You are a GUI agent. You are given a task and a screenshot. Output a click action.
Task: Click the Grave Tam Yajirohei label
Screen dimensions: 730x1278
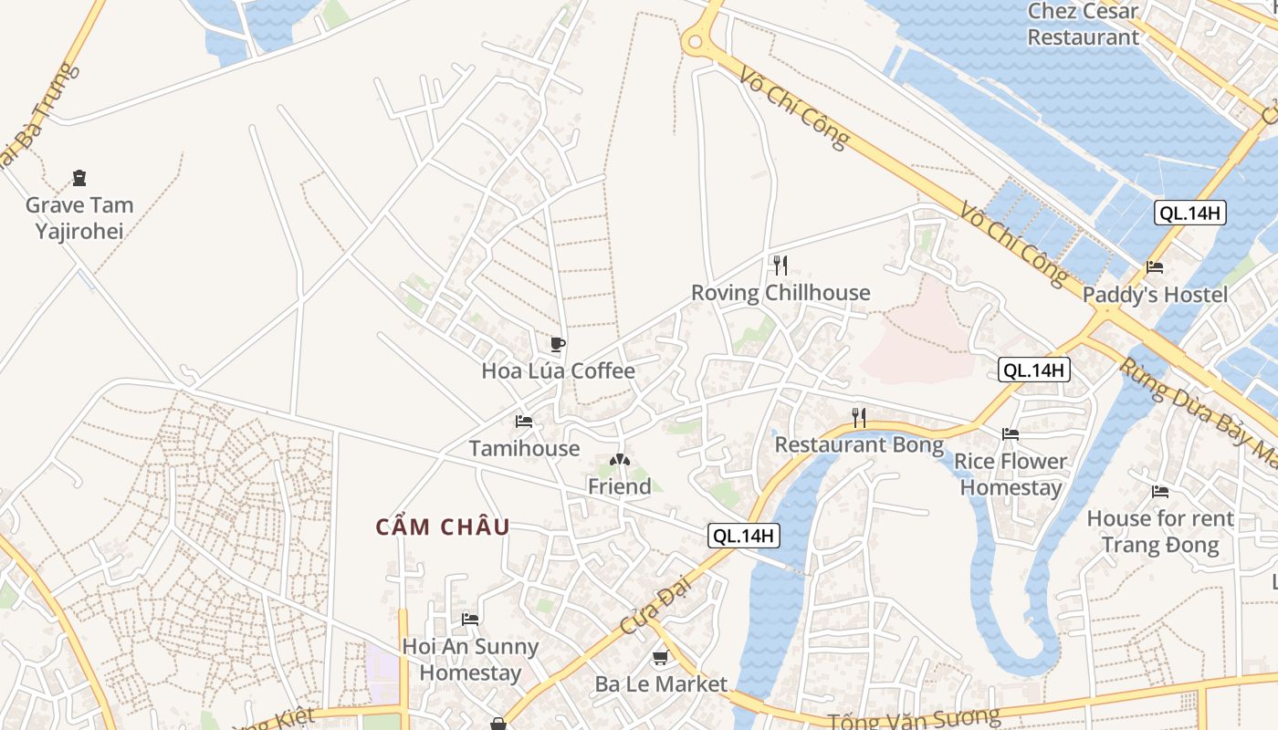tap(79, 218)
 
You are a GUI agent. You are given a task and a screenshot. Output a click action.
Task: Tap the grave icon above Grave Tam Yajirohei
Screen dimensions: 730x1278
tap(79, 178)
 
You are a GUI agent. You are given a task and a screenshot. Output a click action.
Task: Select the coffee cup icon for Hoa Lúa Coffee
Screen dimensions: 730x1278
tap(558, 344)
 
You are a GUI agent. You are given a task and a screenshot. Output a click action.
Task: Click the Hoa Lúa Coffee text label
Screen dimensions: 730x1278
tap(558, 371)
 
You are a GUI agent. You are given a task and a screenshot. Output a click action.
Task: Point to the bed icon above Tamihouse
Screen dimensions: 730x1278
tap(524, 421)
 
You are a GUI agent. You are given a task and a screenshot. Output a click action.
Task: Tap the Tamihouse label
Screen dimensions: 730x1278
tap(524, 448)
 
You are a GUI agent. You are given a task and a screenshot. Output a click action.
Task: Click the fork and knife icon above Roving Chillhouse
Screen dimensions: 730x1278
tap(780, 266)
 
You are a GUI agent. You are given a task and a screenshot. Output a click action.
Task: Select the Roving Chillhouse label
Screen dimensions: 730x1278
tap(780, 293)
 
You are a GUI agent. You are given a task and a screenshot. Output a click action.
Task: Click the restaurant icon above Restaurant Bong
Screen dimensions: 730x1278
tap(858, 418)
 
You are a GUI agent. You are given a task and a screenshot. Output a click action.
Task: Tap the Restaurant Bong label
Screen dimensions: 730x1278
tap(858, 445)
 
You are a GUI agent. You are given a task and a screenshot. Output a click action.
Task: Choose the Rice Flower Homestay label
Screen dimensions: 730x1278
tap(1011, 474)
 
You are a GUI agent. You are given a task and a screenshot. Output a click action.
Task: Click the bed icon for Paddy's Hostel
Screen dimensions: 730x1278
tap(1155, 267)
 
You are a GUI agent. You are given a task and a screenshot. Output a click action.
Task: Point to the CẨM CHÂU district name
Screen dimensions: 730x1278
tap(443, 527)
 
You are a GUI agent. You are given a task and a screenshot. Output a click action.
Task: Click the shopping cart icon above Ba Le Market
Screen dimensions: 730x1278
tap(661, 657)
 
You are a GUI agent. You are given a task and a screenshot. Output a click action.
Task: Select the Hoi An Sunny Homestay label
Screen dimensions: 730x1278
tap(470, 660)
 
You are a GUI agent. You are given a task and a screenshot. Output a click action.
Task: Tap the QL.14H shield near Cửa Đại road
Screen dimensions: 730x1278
tap(744, 537)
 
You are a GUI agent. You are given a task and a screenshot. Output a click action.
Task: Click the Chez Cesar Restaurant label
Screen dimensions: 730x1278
tap(1083, 25)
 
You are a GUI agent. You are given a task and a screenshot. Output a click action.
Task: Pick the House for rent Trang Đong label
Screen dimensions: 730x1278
tap(1160, 532)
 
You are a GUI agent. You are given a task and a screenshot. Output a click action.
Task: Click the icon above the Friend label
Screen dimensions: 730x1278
tap(620, 460)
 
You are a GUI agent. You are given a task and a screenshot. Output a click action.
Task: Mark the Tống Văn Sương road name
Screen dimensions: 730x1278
tap(913, 718)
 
